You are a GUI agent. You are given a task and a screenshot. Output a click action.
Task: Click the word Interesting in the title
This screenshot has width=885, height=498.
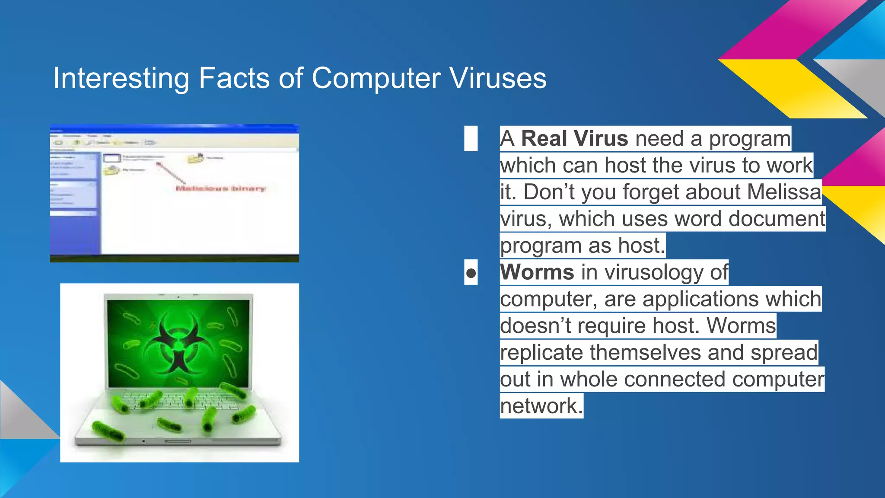tap(121, 78)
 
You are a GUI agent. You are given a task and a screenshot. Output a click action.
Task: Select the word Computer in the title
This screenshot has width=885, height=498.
tap(376, 78)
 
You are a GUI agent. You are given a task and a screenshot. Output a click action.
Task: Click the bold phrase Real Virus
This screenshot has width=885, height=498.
tap(574, 139)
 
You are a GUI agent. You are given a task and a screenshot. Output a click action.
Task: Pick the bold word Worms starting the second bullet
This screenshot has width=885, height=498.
tap(537, 272)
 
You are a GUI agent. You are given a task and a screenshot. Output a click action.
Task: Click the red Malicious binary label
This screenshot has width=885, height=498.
tap(220, 188)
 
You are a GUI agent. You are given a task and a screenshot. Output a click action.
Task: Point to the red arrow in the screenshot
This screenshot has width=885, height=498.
tap(171, 173)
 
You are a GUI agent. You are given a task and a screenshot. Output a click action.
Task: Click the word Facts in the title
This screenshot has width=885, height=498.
tap(234, 78)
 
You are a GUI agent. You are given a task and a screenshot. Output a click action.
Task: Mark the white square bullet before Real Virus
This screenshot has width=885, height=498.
tap(471, 139)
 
